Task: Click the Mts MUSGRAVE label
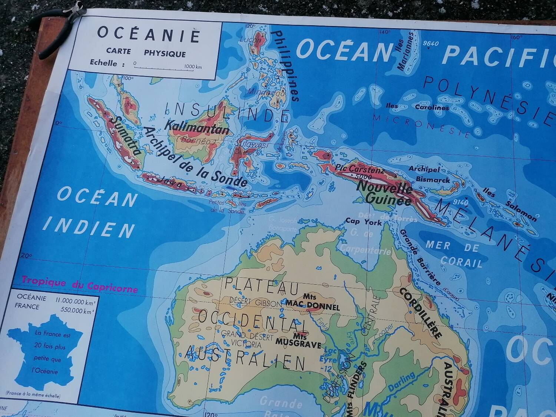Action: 299,341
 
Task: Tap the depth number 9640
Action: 431,43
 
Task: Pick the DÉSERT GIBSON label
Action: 256,302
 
